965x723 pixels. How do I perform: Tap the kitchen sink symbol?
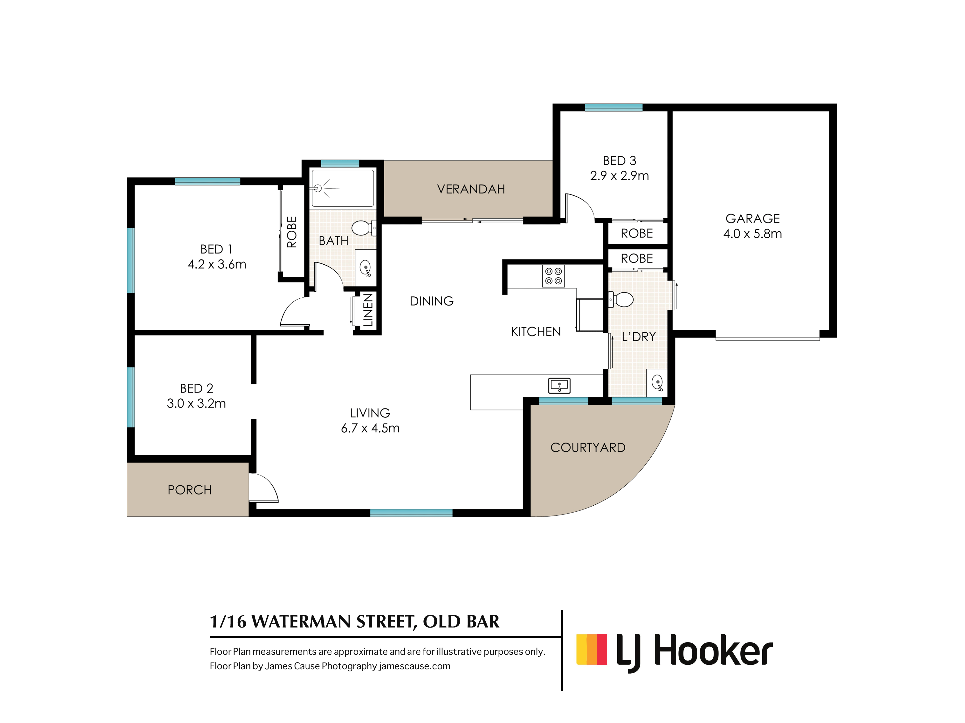click(559, 385)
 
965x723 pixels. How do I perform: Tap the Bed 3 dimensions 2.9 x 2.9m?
click(620, 176)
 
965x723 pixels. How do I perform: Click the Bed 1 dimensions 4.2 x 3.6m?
click(217, 264)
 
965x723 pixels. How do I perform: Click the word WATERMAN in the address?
click(302, 622)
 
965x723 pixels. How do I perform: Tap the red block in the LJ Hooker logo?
click(602, 649)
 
